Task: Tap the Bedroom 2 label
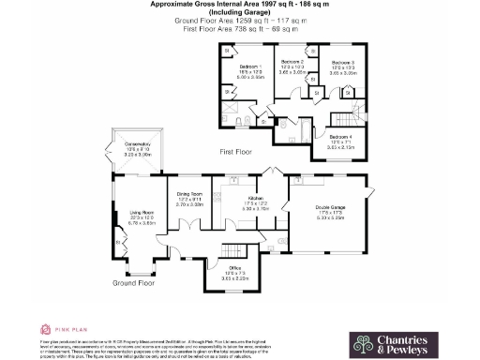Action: [x=293, y=61]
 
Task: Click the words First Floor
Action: [x=237, y=151]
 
